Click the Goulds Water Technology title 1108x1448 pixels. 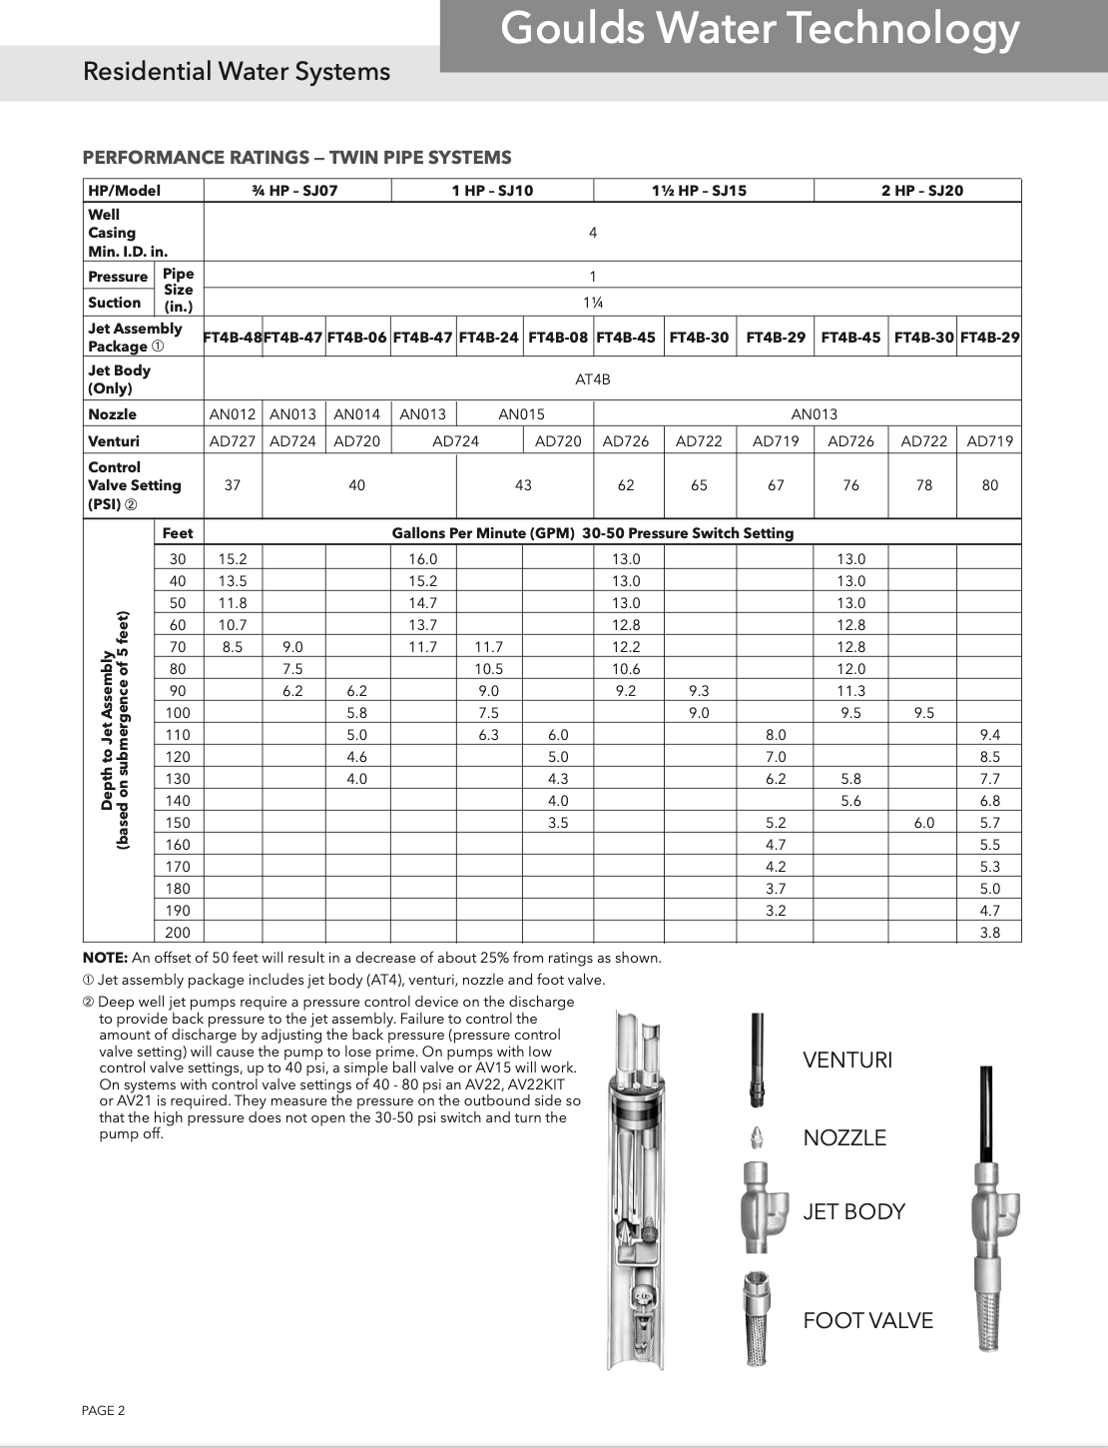(760, 29)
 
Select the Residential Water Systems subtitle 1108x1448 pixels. (237, 72)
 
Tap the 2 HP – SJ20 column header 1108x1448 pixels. (921, 191)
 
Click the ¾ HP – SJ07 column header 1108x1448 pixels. (294, 191)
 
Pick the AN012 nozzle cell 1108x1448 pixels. (233, 414)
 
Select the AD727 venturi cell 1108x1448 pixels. (233, 441)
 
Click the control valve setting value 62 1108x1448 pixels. (626, 485)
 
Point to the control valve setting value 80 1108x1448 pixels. (989, 485)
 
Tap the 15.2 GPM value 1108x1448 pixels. (233, 559)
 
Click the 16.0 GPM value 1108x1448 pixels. (422, 559)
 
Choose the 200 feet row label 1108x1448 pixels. (178, 933)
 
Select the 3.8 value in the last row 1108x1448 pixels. (989, 933)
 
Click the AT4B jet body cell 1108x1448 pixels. (592, 379)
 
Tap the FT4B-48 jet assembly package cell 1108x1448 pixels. (233, 338)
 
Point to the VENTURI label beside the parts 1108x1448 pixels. (847, 1061)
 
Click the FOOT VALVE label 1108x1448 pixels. (867, 1321)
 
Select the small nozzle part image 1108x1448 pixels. (758, 1136)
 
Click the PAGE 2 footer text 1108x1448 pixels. (104, 1411)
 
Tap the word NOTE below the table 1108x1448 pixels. (105, 959)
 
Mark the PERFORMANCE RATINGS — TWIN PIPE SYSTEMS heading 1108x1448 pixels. (296, 158)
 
